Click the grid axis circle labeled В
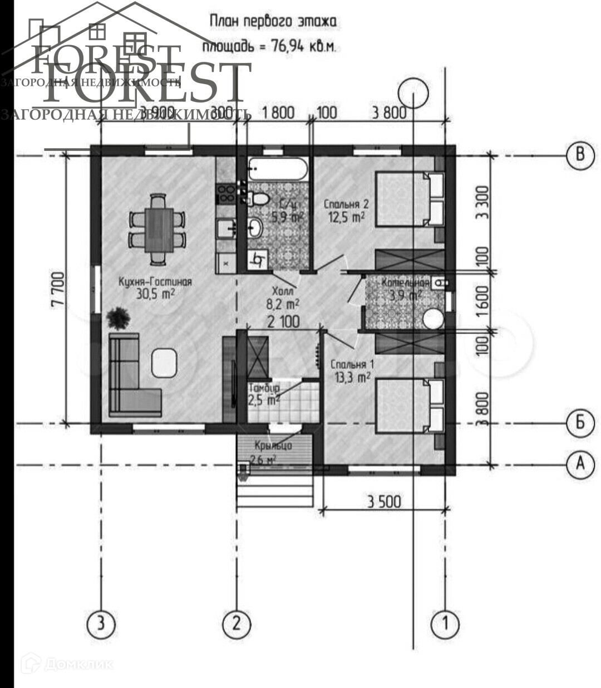tap(580, 154)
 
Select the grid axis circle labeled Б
tap(580, 423)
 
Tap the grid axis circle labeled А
tap(580, 463)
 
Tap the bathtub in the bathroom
tap(277, 169)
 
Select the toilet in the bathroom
tap(257, 198)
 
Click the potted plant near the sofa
tap(118, 318)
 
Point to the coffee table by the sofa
tap(164, 362)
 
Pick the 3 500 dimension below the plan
tap(383, 501)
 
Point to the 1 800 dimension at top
tap(278, 113)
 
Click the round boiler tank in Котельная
tap(433, 319)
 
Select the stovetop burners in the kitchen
tap(226, 193)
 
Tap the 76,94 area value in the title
tap(288, 46)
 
